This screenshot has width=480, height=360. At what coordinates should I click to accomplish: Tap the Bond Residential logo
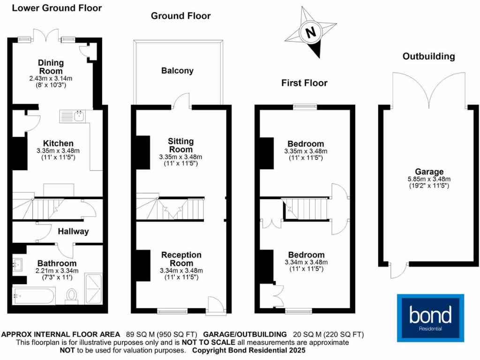click(430, 317)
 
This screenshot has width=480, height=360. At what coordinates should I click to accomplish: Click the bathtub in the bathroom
click(34, 296)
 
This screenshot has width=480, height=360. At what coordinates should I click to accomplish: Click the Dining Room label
click(51, 67)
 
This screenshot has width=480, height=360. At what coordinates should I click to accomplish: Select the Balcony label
click(177, 71)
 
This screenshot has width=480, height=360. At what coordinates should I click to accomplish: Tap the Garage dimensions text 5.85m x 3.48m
click(429, 179)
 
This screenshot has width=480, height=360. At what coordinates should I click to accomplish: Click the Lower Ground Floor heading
click(56, 8)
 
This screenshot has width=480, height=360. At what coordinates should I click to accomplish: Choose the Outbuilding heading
click(428, 56)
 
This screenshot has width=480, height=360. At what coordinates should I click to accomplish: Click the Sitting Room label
click(180, 145)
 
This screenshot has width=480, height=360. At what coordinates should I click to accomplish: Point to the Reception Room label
click(181, 259)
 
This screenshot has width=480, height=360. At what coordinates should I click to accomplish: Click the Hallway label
click(73, 231)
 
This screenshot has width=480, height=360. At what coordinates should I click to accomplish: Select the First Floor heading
click(304, 83)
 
